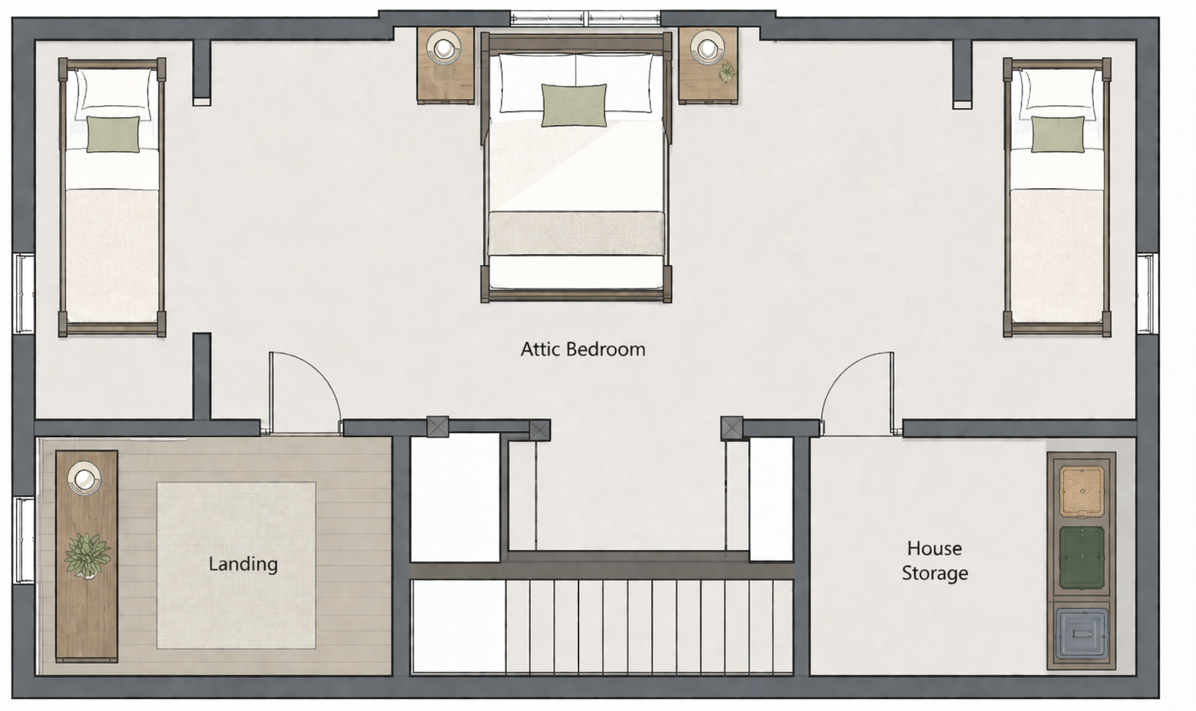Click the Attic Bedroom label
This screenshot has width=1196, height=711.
(x=583, y=349)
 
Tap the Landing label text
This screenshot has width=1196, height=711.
(x=243, y=564)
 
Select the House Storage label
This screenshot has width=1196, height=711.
(x=934, y=560)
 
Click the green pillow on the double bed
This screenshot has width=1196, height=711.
(x=574, y=105)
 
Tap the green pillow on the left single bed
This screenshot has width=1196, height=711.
(x=113, y=134)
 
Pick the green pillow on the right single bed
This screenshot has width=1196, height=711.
(x=1058, y=134)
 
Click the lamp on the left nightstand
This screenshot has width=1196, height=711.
(x=443, y=48)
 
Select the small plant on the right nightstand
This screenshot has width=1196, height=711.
(x=727, y=71)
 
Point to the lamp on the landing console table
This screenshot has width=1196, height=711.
(x=84, y=478)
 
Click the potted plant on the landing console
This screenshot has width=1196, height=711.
(x=87, y=555)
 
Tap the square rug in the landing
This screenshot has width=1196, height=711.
(x=236, y=566)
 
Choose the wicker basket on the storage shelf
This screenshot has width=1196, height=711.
(x=1081, y=492)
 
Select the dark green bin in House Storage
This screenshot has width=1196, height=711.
(x=1081, y=558)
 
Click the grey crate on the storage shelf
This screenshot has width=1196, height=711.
(x=1081, y=634)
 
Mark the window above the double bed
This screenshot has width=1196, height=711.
(x=585, y=18)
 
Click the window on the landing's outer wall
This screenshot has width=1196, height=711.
(x=24, y=540)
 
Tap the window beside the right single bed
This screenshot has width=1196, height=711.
(x=1147, y=293)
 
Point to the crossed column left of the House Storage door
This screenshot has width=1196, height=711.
(x=731, y=428)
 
